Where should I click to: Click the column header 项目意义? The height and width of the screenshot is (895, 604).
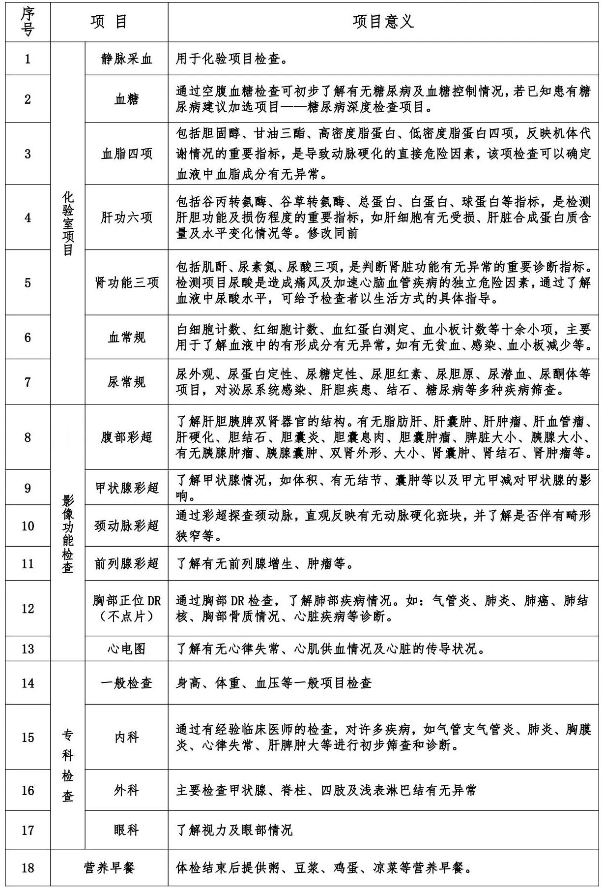pos(383,22)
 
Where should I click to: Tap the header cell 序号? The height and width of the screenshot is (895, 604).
pos(28,22)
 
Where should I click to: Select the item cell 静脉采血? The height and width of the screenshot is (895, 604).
pos(126,59)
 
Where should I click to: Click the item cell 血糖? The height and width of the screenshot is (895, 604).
pos(126,99)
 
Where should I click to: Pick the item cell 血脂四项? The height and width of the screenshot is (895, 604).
pos(126,154)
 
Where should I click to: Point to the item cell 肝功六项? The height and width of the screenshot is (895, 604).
pos(126,217)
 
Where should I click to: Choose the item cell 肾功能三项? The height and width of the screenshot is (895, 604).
pos(126,283)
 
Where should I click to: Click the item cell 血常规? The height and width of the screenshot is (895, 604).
pos(126,338)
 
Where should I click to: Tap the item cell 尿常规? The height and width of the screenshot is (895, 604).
pos(126,382)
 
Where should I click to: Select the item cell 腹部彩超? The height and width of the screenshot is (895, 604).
pos(126,437)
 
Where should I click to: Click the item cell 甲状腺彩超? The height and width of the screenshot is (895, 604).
pos(126,488)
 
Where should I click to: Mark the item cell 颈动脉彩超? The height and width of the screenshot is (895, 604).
pos(126,526)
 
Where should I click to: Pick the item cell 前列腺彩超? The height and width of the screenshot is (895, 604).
pos(126,563)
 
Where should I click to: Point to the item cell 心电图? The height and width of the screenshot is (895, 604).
pos(126,649)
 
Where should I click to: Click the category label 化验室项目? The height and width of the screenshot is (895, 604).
pos(68,223)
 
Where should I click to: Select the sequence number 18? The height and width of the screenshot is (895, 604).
pos(28,867)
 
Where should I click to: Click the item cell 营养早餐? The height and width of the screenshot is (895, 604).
pos(109,867)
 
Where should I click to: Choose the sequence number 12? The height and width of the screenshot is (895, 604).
pos(28,609)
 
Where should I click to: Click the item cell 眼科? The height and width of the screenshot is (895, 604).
pos(126,831)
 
